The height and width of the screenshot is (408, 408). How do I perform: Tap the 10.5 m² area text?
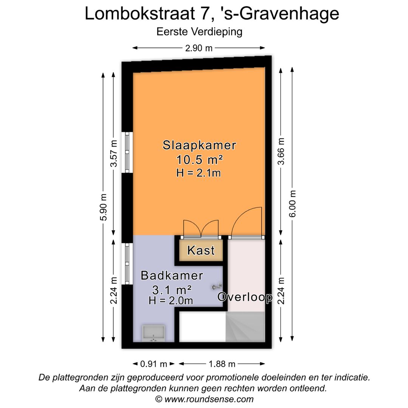[199, 159]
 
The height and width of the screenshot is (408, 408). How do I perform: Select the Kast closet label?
[201, 250]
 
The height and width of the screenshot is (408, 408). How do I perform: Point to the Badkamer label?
[172, 275]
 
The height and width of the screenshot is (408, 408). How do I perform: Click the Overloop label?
[245, 297]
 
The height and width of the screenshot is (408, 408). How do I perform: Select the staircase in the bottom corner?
[246, 327]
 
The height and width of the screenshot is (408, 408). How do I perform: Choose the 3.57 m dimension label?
[114, 153]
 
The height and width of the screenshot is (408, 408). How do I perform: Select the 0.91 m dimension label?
[154, 364]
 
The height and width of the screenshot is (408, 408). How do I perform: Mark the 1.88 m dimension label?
[222, 364]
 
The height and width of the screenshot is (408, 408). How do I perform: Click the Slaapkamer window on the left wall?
[127, 152]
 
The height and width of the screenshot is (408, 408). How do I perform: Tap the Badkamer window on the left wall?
[127, 264]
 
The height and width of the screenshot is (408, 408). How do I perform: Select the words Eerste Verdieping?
[199, 32]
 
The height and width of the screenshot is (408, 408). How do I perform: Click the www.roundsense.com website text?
[209, 399]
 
